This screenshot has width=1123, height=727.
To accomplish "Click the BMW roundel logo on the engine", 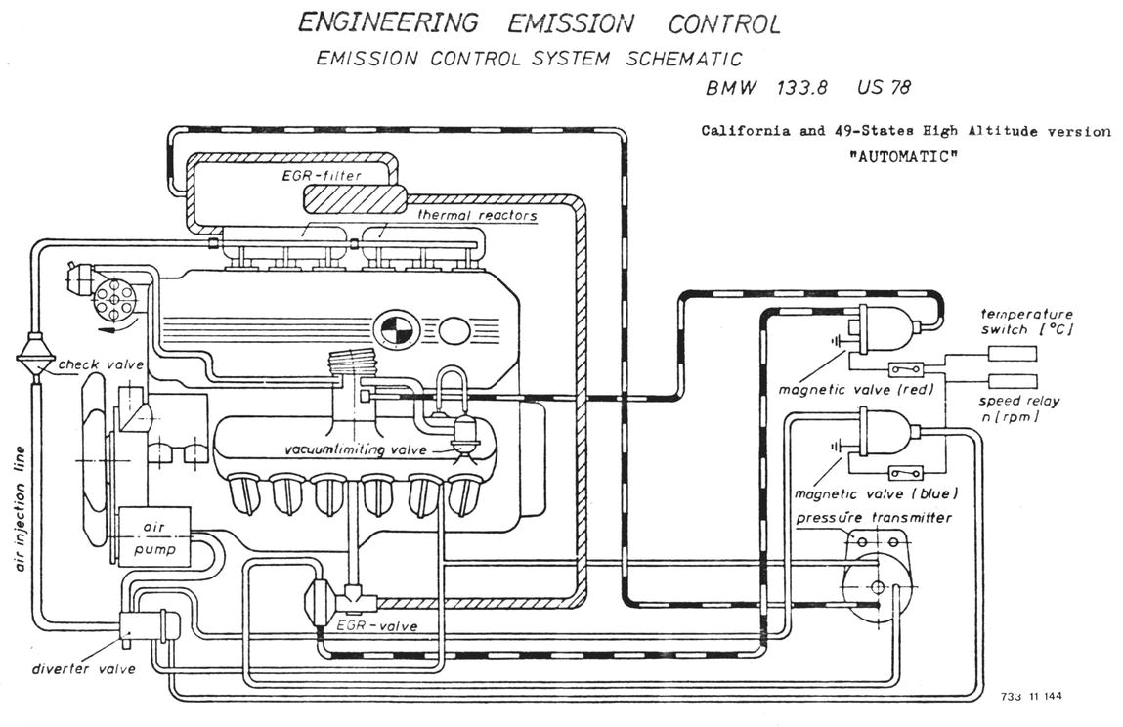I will (395, 329).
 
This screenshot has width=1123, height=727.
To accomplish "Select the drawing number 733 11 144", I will (1031, 697).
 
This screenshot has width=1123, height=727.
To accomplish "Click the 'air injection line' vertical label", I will (21, 509).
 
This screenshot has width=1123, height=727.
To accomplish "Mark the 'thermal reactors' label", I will (478, 215).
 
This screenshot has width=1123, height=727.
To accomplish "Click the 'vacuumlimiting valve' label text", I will (356, 450).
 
